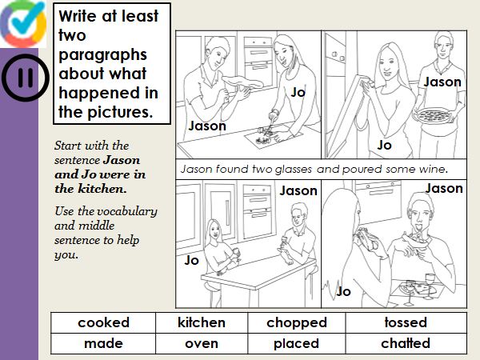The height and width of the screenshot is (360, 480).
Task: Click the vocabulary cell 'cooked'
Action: (103, 322)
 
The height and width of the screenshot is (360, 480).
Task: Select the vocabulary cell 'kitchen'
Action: (202, 322)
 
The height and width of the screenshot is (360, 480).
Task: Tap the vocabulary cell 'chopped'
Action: (297, 322)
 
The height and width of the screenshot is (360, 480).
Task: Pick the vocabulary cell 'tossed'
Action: (406, 322)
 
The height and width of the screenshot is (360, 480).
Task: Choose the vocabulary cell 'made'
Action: (103, 343)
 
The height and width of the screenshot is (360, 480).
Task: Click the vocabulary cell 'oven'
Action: (202, 343)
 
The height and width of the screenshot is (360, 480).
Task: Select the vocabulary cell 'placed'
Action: (297, 343)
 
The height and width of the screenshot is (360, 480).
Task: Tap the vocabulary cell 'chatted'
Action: (406, 343)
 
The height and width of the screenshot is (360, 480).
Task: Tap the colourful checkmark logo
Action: (23, 24)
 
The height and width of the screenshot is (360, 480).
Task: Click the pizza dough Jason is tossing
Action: (242, 82)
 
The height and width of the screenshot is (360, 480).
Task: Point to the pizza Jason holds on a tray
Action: (433, 115)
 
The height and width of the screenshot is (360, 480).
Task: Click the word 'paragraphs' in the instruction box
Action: (102, 56)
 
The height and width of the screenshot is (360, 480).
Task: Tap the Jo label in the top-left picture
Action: (298, 92)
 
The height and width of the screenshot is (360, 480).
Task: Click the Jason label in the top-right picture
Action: (442, 82)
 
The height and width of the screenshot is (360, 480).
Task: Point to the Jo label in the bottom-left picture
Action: (192, 260)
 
